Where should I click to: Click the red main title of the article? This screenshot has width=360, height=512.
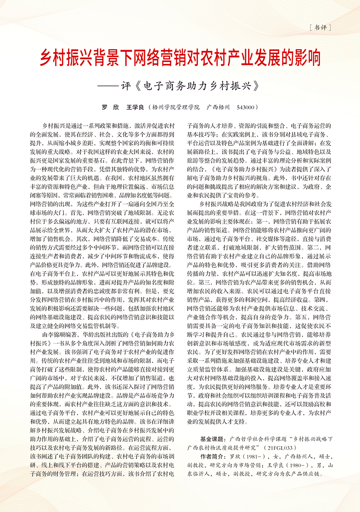[180, 57]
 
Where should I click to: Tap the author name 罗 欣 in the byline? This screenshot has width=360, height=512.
[107, 106]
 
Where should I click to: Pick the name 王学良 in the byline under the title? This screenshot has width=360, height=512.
[135, 106]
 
